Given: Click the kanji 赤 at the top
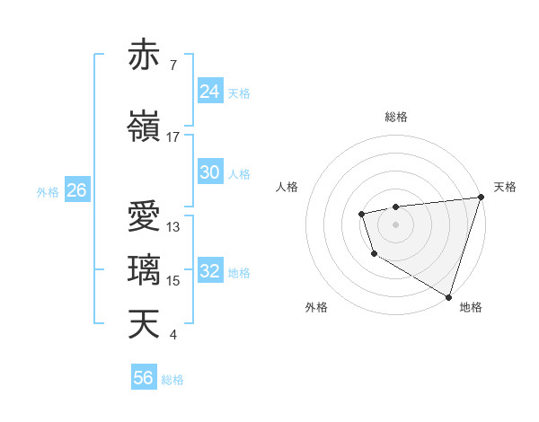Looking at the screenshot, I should [x=144, y=56].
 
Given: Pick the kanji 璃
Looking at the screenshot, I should [x=144, y=269].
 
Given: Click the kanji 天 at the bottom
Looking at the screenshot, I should [x=144, y=323].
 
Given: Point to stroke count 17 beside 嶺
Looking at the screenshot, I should [x=173, y=137].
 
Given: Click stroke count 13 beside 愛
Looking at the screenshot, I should [x=173, y=227].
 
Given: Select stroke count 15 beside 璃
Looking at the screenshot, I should [x=173, y=281].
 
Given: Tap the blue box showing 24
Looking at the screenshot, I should [x=209, y=92].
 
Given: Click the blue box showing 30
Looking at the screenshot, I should [x=209, y=172].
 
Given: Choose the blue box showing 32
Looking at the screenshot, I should [x=209, y=271].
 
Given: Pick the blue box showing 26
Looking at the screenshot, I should [x=76, y=190].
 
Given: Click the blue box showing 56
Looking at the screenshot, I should [x=143, y=378].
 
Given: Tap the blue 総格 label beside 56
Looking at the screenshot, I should [x=172, y=380].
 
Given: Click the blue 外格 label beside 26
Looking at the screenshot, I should [x=48, y=192].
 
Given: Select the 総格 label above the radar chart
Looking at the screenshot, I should [x=395, y=117].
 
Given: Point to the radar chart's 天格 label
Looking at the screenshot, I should [x=505, y=187].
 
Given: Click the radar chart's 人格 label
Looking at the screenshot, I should [x=287, y=187].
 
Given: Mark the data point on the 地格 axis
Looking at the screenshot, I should [x=448, y=295].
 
